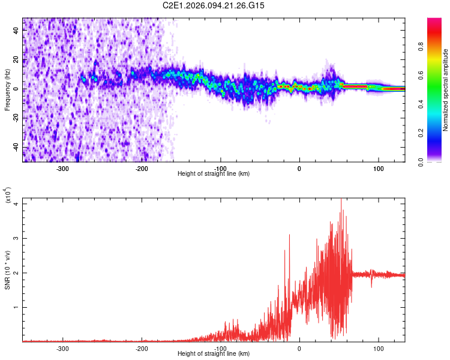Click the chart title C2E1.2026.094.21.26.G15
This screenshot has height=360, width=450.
(x=214, y=5)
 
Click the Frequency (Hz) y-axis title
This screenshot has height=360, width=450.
(x=7, y=90)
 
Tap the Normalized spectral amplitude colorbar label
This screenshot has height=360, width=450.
(x=446, y=90)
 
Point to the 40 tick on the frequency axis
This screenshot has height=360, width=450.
(x=16, y=31)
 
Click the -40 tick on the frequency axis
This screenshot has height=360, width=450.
(x=15, y=147)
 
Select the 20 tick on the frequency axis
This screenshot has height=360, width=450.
(x=16, y=60)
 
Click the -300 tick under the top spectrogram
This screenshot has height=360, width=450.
(x=63, y=169)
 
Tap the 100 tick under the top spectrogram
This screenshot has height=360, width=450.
(x=378, y=169)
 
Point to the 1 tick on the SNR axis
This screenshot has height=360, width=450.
(x=17, y=307)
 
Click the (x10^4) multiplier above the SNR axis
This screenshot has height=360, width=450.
(x=8, y=196)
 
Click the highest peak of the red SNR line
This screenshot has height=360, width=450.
(x=341, y=200)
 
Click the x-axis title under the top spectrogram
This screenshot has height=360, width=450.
(x=214, y=174)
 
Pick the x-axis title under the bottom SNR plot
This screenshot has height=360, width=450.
(x=214, y=353)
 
